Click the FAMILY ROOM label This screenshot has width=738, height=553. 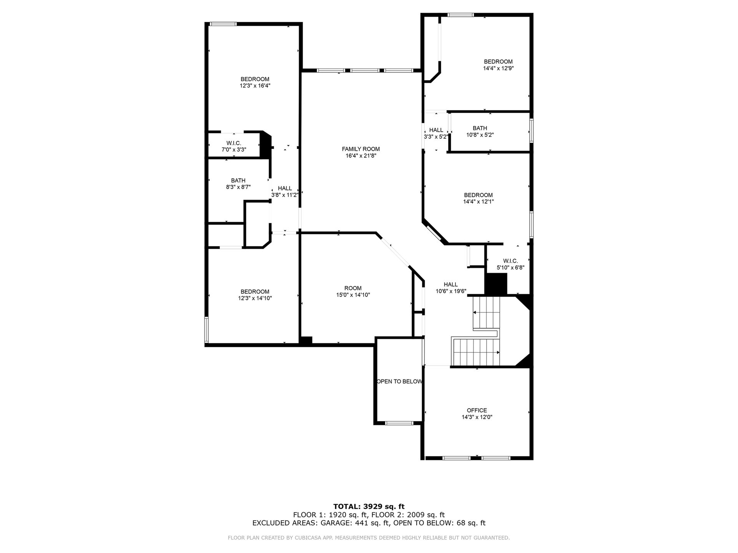361,149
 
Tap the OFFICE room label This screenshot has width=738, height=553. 477,410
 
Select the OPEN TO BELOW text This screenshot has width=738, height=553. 399,381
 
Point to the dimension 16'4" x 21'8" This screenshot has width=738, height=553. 361,156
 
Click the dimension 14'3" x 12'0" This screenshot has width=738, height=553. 477,417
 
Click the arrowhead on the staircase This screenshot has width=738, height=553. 498,352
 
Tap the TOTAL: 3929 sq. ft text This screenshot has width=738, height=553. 369,507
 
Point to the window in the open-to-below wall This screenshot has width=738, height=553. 399,423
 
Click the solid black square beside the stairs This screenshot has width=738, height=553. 496,284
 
